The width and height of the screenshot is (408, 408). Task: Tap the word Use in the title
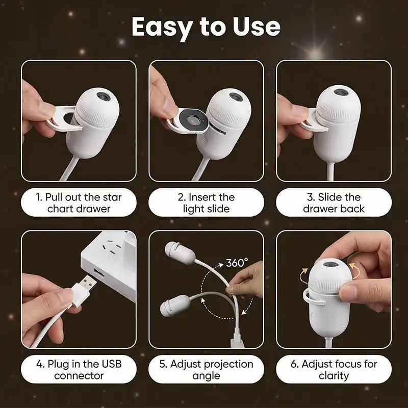pyautogui.click(x=257, y=27)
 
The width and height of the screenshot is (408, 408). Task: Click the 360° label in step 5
pyautogui.click(x=237, y=263)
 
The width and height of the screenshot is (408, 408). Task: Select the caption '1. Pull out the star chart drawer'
pyautogui.click(x=79, y=203)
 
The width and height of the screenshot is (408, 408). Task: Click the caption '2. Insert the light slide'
pyautogui.click(x=206, y=203)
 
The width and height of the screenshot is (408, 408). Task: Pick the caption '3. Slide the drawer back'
pyautogui.click(x=334, y=203)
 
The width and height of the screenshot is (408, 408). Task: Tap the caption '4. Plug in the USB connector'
pyautogui.click(x=79, y=369)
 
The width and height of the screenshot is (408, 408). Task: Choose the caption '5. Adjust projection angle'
pyautogui.click(x=206, y=369)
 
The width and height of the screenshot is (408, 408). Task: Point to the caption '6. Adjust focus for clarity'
pyautogui.click(x=334, y=369)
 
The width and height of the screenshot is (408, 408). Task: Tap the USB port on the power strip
pyautogui.click(x=99, y=273)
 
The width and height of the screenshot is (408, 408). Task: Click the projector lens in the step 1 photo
pyautogui.click(x=104, y=96)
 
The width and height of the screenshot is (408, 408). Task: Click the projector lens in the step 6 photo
pyautogui.click(x=330, y=264)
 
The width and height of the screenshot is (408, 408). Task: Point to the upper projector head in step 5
pyautogui.click(x=180, y=253)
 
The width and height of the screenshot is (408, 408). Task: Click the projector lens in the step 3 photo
pyautogui.click(x=341, y=92)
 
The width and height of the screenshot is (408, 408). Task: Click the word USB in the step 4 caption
pyautogui.click(x=112, y=364)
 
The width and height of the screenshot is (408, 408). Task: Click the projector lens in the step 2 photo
pyautogui.click(x=236, y=97)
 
